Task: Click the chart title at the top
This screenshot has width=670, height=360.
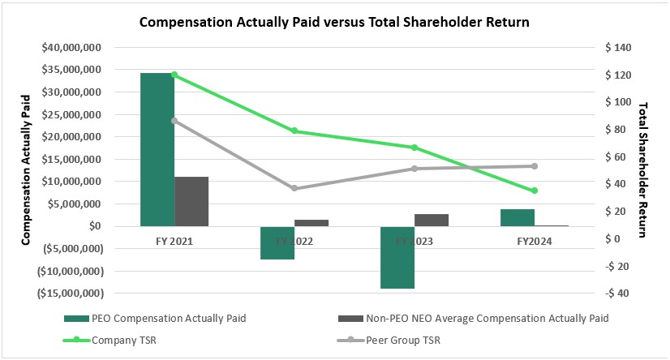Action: [x=334, y=22]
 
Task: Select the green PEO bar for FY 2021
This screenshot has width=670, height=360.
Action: [x=157, y=149]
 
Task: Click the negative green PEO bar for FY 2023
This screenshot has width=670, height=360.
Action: [x=397, y=257]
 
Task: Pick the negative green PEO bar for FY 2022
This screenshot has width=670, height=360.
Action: [x=277, y=242]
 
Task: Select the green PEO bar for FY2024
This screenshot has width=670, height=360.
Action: [x=518, y=217]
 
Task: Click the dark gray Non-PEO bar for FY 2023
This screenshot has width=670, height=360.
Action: [x=432, y=220]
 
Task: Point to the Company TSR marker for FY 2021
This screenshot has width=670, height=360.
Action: [x=174, y=75]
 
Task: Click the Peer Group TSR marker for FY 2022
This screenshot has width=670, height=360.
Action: [x=294, y=188]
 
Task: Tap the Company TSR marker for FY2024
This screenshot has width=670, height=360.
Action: [x=535, y=191]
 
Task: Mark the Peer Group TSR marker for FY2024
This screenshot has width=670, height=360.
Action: [x=535, y=166]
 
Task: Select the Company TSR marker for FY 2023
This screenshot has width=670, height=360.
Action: [x=414, y=148]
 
